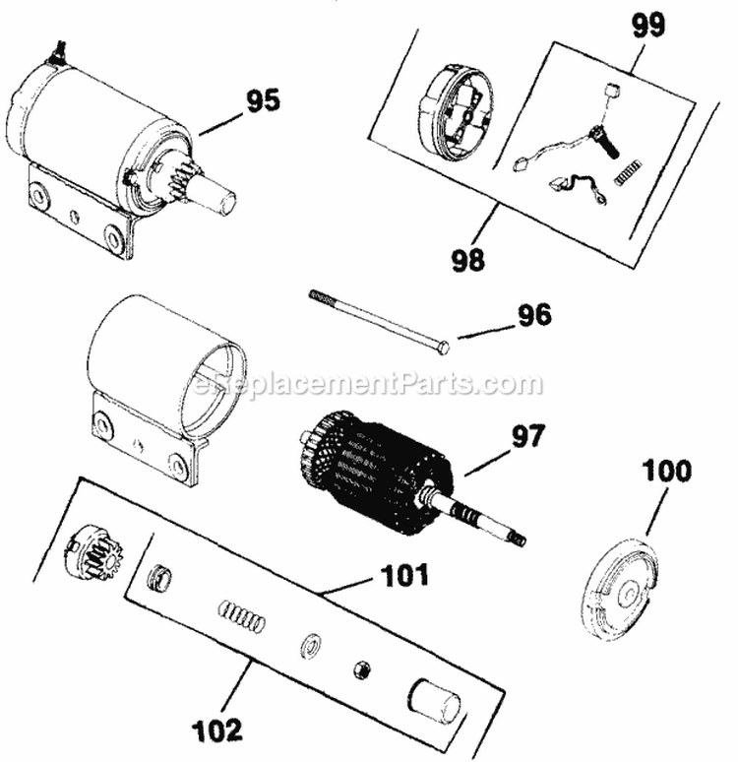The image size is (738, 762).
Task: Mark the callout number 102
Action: (217, 730)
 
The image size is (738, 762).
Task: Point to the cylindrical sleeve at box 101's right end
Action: (434, 703)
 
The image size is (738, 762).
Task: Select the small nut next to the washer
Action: (361, 669)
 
